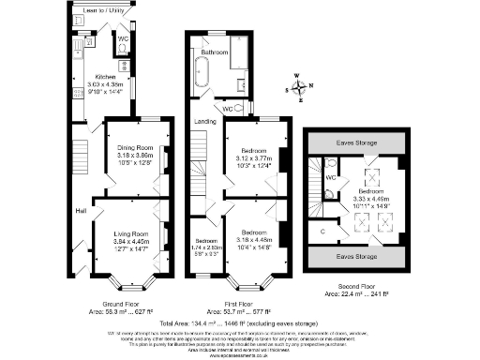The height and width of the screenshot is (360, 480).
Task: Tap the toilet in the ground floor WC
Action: (124, 52)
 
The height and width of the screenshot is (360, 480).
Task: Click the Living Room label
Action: (133, 232)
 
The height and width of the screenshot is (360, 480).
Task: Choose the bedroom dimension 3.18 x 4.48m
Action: (250, 237)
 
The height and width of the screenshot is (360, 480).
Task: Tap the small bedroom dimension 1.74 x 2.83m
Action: (203, 247)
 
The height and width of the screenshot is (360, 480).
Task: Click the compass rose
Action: (299, 88)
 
